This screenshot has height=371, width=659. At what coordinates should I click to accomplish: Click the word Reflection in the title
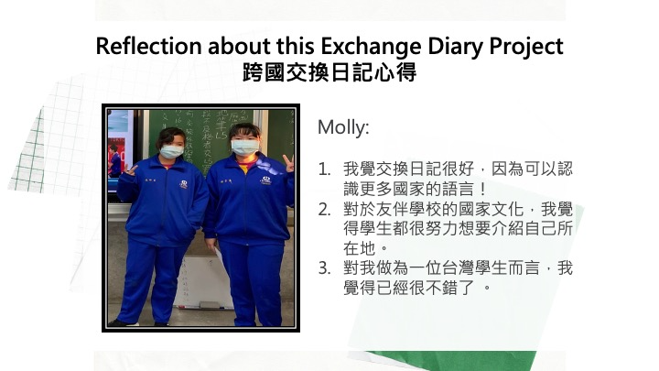[149, 46]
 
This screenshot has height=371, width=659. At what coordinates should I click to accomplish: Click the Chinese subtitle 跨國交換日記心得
[329, 72]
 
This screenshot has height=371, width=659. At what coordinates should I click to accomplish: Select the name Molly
[343, 127]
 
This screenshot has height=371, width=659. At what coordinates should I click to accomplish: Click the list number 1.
[324, 169]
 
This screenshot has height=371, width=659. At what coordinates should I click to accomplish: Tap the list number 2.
[324, 210]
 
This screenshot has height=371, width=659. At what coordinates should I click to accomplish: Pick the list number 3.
[324, 268]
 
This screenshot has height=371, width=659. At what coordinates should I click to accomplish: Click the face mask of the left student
[171, 151]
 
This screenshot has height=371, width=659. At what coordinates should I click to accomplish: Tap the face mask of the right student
[244, 147]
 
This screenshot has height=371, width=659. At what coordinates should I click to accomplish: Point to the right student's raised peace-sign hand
[288, 163]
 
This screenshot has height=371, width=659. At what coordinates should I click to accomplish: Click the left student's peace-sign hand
[130, 170]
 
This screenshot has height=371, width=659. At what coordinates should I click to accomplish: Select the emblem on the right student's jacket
[265, 180]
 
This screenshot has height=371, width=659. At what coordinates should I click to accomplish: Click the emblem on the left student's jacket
[183, 184]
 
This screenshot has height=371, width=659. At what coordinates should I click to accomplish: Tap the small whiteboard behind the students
[204, 282]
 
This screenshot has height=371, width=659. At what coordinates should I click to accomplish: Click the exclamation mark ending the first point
[482, 190]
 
